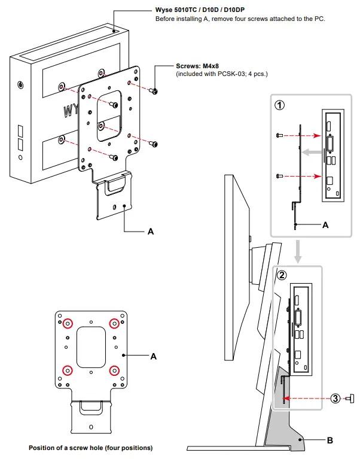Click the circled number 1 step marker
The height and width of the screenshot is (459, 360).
(279, 105)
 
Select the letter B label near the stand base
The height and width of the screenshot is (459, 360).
(330, 441)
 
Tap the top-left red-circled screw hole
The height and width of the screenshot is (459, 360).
(68, 323)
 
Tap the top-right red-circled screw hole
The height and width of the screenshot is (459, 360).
(114, 323)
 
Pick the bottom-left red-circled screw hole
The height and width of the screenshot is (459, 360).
(68, 369)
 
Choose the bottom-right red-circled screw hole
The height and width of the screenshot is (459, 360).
(114, 369)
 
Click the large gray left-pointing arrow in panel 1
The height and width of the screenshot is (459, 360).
(309, 153)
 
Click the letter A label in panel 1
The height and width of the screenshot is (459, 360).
(325, 225)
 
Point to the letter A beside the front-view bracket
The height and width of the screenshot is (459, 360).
(154, 356)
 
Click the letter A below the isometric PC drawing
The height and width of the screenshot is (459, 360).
(151, 231)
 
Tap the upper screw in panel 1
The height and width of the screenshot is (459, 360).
(279, 135)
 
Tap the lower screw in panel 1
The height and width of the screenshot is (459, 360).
(279, 176)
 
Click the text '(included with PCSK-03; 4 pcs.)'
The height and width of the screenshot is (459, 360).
(221, 74)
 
